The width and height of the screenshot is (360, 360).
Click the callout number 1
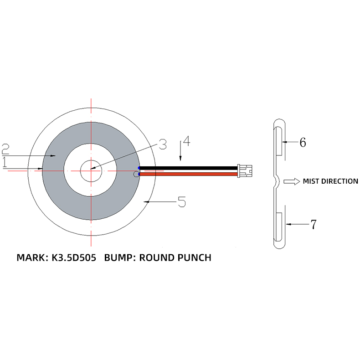[5, 163]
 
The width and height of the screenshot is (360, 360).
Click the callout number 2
[5, 149]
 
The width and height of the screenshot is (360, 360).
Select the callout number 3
[163, 145]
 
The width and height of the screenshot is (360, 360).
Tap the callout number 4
[186, 141]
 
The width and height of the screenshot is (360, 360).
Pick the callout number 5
[181, 201]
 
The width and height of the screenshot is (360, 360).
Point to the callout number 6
[302, 142]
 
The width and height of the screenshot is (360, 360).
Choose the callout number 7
[313, 224]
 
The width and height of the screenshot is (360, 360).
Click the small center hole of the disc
[91, 171]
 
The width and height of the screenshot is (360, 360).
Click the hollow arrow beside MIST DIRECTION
[290, 181]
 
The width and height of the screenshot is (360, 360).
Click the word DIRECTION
[340, 181]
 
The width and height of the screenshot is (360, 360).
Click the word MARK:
[31, 257]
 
